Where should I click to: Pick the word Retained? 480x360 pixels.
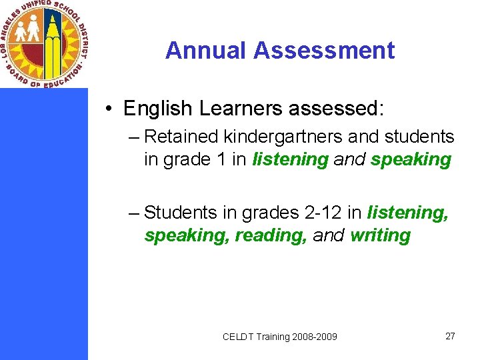click(181, 137)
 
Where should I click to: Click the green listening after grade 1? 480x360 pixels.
click(291, 160)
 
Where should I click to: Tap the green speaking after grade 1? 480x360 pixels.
click(411, 160)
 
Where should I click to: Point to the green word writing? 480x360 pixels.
click(380, 235)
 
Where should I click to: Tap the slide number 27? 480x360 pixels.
click(450, 336)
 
